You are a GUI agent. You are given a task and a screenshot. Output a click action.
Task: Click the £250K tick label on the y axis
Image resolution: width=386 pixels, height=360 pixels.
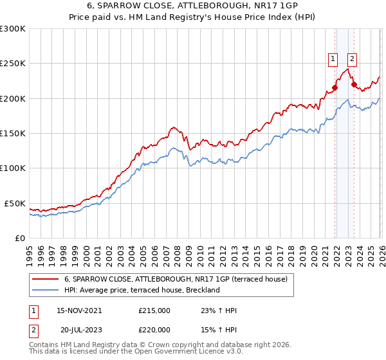[x=13, y=64]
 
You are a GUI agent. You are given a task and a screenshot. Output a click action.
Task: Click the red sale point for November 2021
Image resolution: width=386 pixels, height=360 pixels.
[x=335, y=88]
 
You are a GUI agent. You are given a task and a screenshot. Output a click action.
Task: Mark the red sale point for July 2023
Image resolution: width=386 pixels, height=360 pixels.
[x=354, y=84]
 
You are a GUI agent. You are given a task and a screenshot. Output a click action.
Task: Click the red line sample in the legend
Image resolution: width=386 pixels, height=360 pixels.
[x=44, y=279]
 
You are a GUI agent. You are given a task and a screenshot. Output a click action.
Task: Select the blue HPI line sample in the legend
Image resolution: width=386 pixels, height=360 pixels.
[x=44, y=290]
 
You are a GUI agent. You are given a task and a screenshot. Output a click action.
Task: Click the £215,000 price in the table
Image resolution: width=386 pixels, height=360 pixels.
[x=154, y=310]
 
